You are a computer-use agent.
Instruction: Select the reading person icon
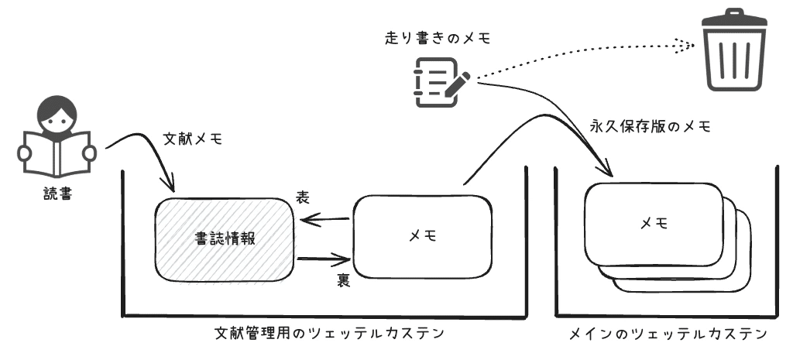coord(56,139)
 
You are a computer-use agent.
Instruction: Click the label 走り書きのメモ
coord(438,36)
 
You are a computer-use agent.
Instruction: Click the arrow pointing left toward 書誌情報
coord(325,221)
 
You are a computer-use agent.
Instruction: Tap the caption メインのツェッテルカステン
coord(668,334)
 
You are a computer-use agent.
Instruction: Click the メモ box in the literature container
coord(423,236)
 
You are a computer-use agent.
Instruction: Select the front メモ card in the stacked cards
coord(655,224)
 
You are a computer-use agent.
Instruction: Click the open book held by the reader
coord(56,154)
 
